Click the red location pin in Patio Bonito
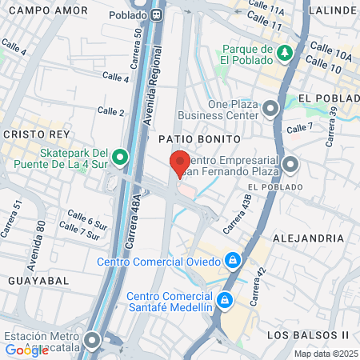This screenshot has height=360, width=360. (x=180, y=163)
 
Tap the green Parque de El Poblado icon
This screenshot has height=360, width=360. (x=286, y=54)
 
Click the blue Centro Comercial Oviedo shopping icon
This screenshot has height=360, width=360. (x=232, y=261)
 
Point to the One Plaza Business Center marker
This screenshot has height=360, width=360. (x=271, y=108)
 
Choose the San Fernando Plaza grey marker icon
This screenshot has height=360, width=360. (x=290, y=166)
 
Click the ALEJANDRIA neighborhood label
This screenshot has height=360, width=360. (x=308, y=238)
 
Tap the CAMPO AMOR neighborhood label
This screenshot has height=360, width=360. (x=37, y=10)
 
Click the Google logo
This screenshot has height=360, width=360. (x=26, y=349)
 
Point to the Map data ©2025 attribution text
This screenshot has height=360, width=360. (x=326, y=354)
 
